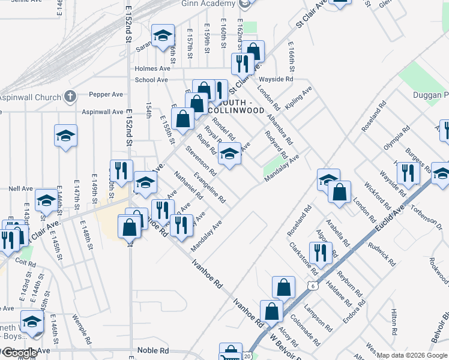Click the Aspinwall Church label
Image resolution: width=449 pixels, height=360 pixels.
click(x=30, y=97)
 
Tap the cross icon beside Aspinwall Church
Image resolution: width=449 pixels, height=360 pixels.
click(x=70, y=97)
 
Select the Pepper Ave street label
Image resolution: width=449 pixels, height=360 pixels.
click(x=106, y=94)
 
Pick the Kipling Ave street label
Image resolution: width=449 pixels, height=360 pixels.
click(x=300, y=97)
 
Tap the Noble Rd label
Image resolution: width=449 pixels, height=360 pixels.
click(x=155, y=350)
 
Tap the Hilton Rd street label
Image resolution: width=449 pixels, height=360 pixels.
click(x=394, y=322)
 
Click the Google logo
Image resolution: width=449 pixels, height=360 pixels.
click(x=19, y=353)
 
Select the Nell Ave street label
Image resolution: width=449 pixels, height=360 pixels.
click(x=20, y=188)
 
